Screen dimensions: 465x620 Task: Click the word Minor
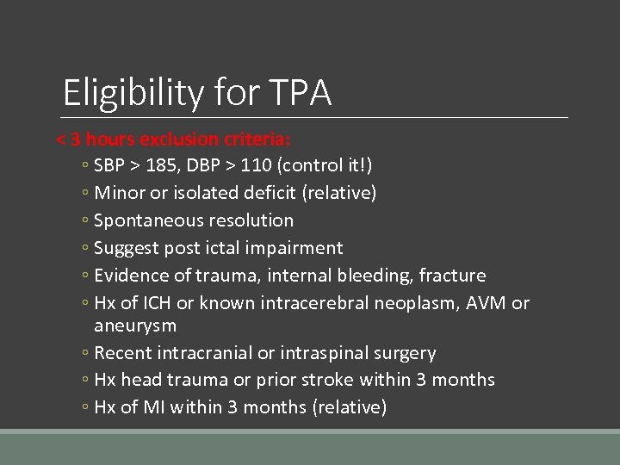click(120, 193)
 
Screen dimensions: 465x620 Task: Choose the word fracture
click(452, 276)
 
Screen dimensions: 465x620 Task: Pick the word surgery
click(406, 353)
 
